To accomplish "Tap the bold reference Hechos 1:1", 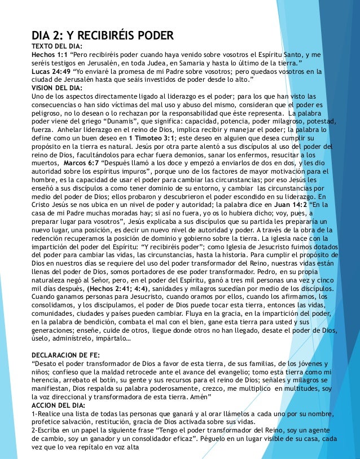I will pos(49,55).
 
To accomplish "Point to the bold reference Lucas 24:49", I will pos(51,72).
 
